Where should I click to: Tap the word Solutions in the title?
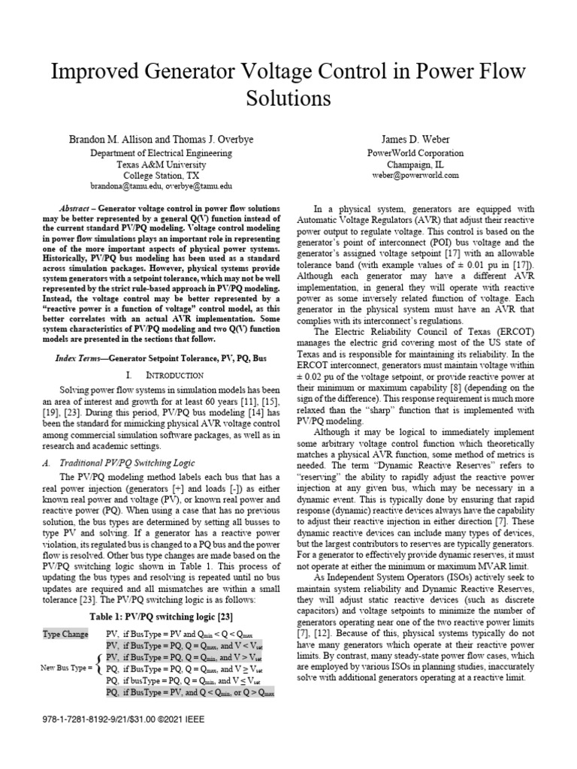click(x=288, y=98)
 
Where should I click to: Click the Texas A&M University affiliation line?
click(x=152, y=164)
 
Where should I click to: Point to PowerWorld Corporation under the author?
click(x=425, y=152)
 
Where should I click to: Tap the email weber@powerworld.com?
click(x=425, y=175)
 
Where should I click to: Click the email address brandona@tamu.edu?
click(x=116, y=185)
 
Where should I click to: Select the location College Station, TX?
click(x=152, y=174)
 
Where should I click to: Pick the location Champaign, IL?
click(x=425, y=164)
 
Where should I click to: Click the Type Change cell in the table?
click(x=66, y=635)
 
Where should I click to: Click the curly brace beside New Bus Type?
click(x=99, y=666)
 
